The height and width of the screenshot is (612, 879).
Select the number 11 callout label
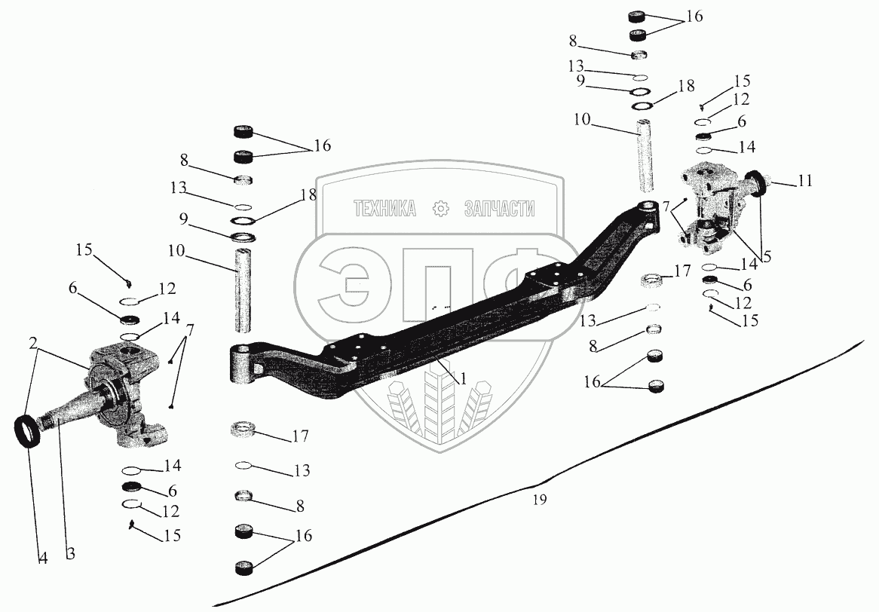(x=805, y=181)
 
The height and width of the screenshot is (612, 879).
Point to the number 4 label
(x=43, y=558)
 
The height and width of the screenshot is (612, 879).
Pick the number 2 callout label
(x=33, y=342)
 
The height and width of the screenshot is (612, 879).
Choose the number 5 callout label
(x=766, y=256)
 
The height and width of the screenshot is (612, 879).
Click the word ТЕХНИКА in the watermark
(x=384, y=210)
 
